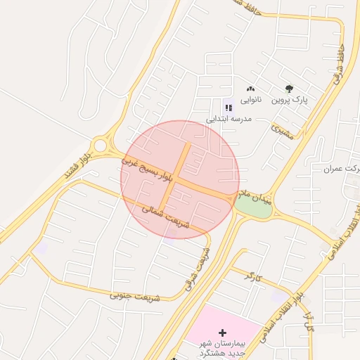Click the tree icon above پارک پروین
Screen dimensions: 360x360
pyautogui.click(x=289, y=89)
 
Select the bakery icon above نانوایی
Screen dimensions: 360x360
pyautogui.click(x=250, y=89)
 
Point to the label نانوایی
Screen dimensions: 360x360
pyautogui.click(x=250, y=101)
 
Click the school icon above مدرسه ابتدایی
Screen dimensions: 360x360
pyautogui.click(x=228, y=107)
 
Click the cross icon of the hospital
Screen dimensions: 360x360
pyautogui.click(x=223, y=332)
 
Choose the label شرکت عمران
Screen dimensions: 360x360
pyautogui.click(x=343, y=169)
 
